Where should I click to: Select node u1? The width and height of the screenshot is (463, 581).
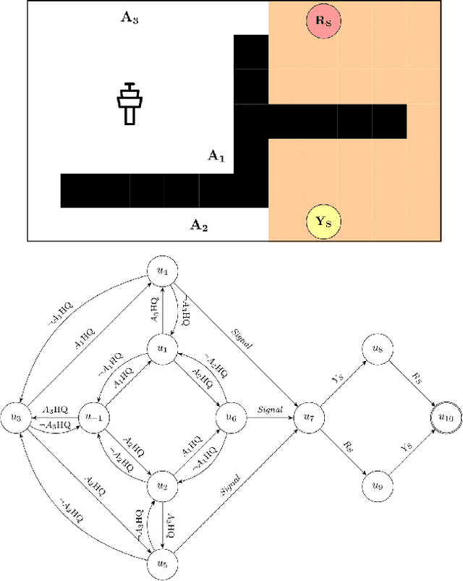pos(162,349)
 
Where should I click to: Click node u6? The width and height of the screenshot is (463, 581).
pos(231,418)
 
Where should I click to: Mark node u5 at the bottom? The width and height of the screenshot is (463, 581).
pos(162,561)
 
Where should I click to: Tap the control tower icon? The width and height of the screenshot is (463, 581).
pos(130,103)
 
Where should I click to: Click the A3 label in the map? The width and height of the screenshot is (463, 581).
pos(129,18)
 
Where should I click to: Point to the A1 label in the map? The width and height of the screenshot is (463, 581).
pos(216,156)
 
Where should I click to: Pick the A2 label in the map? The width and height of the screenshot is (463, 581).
pos(198,226)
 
